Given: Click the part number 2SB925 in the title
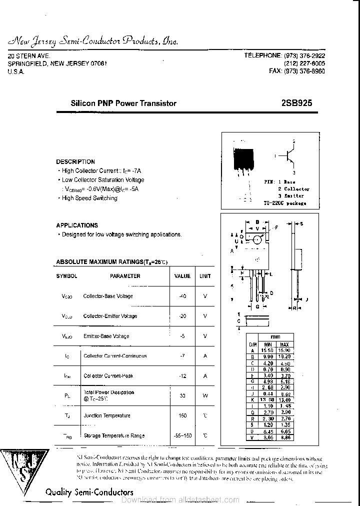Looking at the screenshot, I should tap(297, 103).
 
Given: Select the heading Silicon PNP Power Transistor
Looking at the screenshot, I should tap(123, 103).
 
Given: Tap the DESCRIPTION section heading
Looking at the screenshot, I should tap(75, 162).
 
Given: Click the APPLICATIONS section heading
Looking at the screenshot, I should tap(77, 225).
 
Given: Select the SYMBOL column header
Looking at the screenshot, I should tap(66, 276).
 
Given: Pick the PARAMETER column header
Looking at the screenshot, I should tap(125, 276).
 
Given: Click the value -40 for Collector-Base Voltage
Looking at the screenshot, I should tap(182, 296).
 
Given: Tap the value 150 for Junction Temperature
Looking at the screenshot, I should tap(182, 415).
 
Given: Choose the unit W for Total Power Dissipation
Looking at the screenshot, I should tap(205, 395).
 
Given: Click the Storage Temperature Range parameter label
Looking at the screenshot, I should tap(114, 435).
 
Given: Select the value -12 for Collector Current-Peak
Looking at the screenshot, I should tap(182, 375).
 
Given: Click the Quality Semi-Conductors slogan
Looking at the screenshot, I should tap(89, 492).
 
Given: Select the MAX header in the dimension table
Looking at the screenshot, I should tap(284, 345).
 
